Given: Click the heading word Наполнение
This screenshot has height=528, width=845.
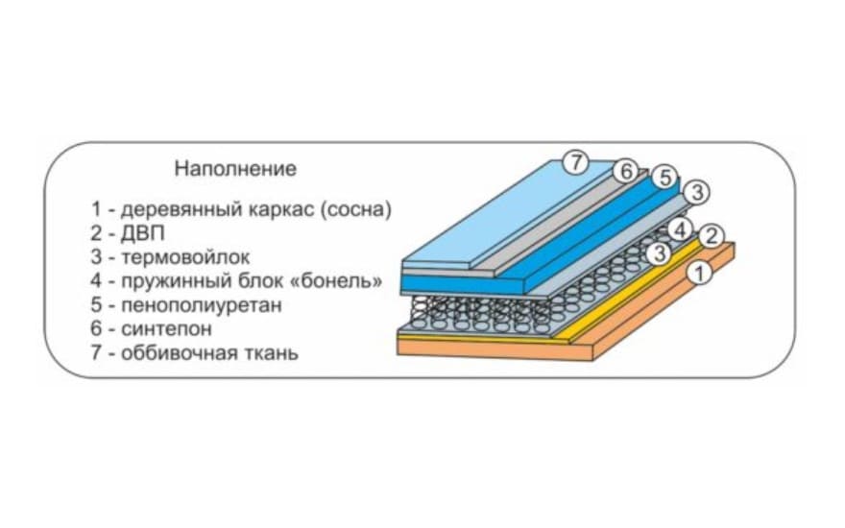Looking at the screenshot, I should point(235,169).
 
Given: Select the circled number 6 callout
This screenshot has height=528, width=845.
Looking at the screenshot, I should point(625,172).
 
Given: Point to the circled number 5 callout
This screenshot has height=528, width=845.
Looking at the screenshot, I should point(664,178).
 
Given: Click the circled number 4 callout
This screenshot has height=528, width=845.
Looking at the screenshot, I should point(679,229).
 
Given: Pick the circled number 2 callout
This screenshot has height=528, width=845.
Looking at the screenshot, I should point(712,235).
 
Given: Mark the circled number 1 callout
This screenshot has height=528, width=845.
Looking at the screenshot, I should point(700,274).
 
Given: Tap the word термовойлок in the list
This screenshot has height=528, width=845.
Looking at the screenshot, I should point(185,257).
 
